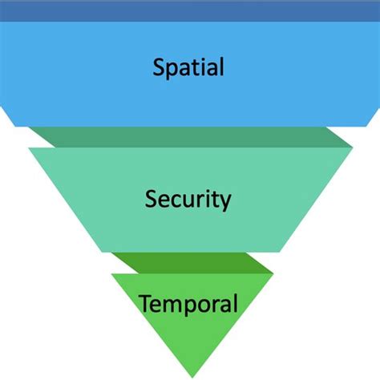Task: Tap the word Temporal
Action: tap(188, 304)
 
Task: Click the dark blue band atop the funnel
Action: tap(190, 10)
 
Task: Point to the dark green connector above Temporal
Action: tap(190, 262)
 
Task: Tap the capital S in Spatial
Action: tap(159, 66)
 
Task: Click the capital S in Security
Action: tap(152, 197)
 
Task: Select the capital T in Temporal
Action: tap(145, 303)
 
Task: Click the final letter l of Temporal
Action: tap(236, 303)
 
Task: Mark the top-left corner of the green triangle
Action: tap(111, 275)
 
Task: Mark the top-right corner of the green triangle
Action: tap(273, 275)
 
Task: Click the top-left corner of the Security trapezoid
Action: tap(29, 148)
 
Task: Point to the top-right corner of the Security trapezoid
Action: tap(353, 148)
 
